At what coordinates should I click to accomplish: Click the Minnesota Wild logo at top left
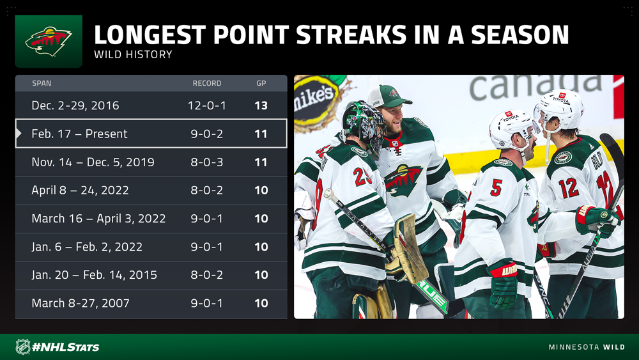(49, 41)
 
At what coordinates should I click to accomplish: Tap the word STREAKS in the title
(351, 35)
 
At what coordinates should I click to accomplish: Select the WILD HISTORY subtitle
(134, 54)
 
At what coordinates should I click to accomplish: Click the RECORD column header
(207, 83)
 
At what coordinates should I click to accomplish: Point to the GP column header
(261, 83)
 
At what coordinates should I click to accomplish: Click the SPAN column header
(42, 83)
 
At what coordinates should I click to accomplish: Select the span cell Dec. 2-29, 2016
(75, 106)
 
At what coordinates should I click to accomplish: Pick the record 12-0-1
(207, 106)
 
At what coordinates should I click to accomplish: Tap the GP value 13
(261, 106)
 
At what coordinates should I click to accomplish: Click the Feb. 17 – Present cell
(79, 134)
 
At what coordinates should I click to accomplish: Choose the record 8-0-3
(207, 162)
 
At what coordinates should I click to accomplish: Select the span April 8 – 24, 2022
(81, 190)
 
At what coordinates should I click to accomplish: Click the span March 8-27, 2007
(81, 303)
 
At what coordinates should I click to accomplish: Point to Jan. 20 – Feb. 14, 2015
(94, 275)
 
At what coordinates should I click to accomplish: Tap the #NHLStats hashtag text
(66, 347)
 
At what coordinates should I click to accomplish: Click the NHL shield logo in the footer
(23, 347)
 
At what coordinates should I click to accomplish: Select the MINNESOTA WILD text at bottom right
(587, 347)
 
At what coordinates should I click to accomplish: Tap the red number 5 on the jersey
(496, 187)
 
